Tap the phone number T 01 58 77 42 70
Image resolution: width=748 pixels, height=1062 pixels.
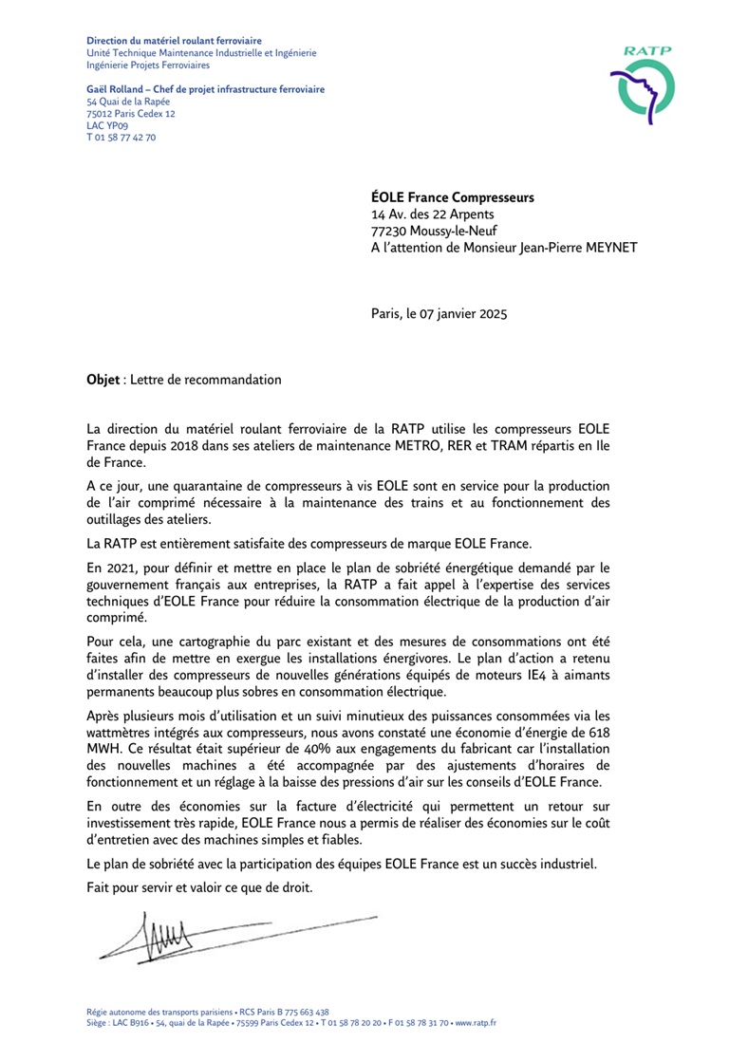[x=122, y=137]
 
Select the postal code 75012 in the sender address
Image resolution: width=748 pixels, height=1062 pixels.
[x=100, y=113]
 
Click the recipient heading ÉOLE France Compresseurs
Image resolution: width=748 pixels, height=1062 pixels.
[x=452, y=198]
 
